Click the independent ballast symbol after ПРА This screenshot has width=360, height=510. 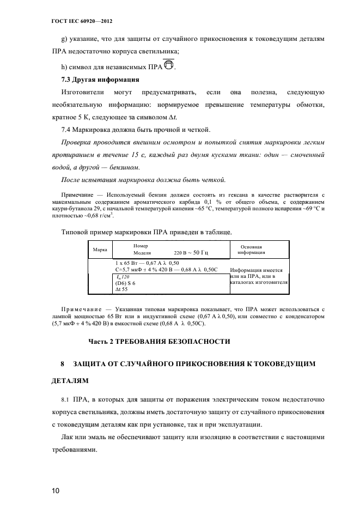(x=169, y=66)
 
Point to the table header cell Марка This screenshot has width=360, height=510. (x=100, y=250)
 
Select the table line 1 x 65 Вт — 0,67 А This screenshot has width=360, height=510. (x=147, y=263)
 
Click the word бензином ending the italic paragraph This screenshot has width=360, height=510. (x=117, y=168)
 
